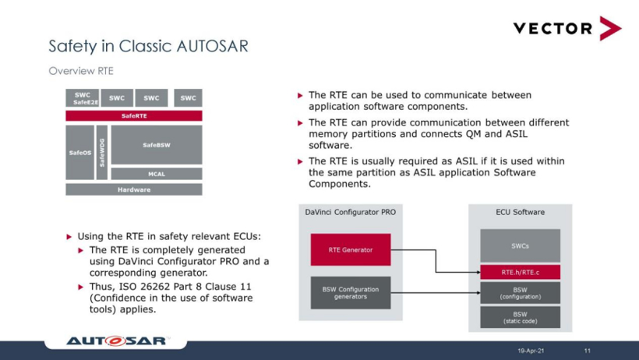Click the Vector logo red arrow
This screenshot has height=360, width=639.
coord(610,28)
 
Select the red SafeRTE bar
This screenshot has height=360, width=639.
coord(134,116)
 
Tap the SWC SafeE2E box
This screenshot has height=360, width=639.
coord(83,98)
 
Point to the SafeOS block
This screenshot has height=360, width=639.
coord(79,153)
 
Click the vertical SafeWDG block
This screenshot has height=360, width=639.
coord(102,153)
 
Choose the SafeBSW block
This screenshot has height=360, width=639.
coord(157,145)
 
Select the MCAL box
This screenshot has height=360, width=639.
coord(157,174)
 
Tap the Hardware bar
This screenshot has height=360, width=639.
coord(134,189)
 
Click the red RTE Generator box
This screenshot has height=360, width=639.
coord(351,249)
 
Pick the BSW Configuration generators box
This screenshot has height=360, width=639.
coord(351,293)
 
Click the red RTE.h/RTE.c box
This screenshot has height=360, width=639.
coord(520,273)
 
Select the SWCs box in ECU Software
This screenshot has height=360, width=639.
coord(520,245)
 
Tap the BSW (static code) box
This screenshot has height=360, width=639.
coord(520,317)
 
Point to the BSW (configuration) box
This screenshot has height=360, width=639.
coord(520,293)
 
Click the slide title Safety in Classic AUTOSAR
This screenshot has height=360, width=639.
coord(148,46)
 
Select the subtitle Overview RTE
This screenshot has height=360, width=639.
coord(81,71)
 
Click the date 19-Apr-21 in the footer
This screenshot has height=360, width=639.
coord(531,351)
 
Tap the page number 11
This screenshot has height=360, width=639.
coord(588,351)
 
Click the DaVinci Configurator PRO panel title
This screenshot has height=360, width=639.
coord(351,212)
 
